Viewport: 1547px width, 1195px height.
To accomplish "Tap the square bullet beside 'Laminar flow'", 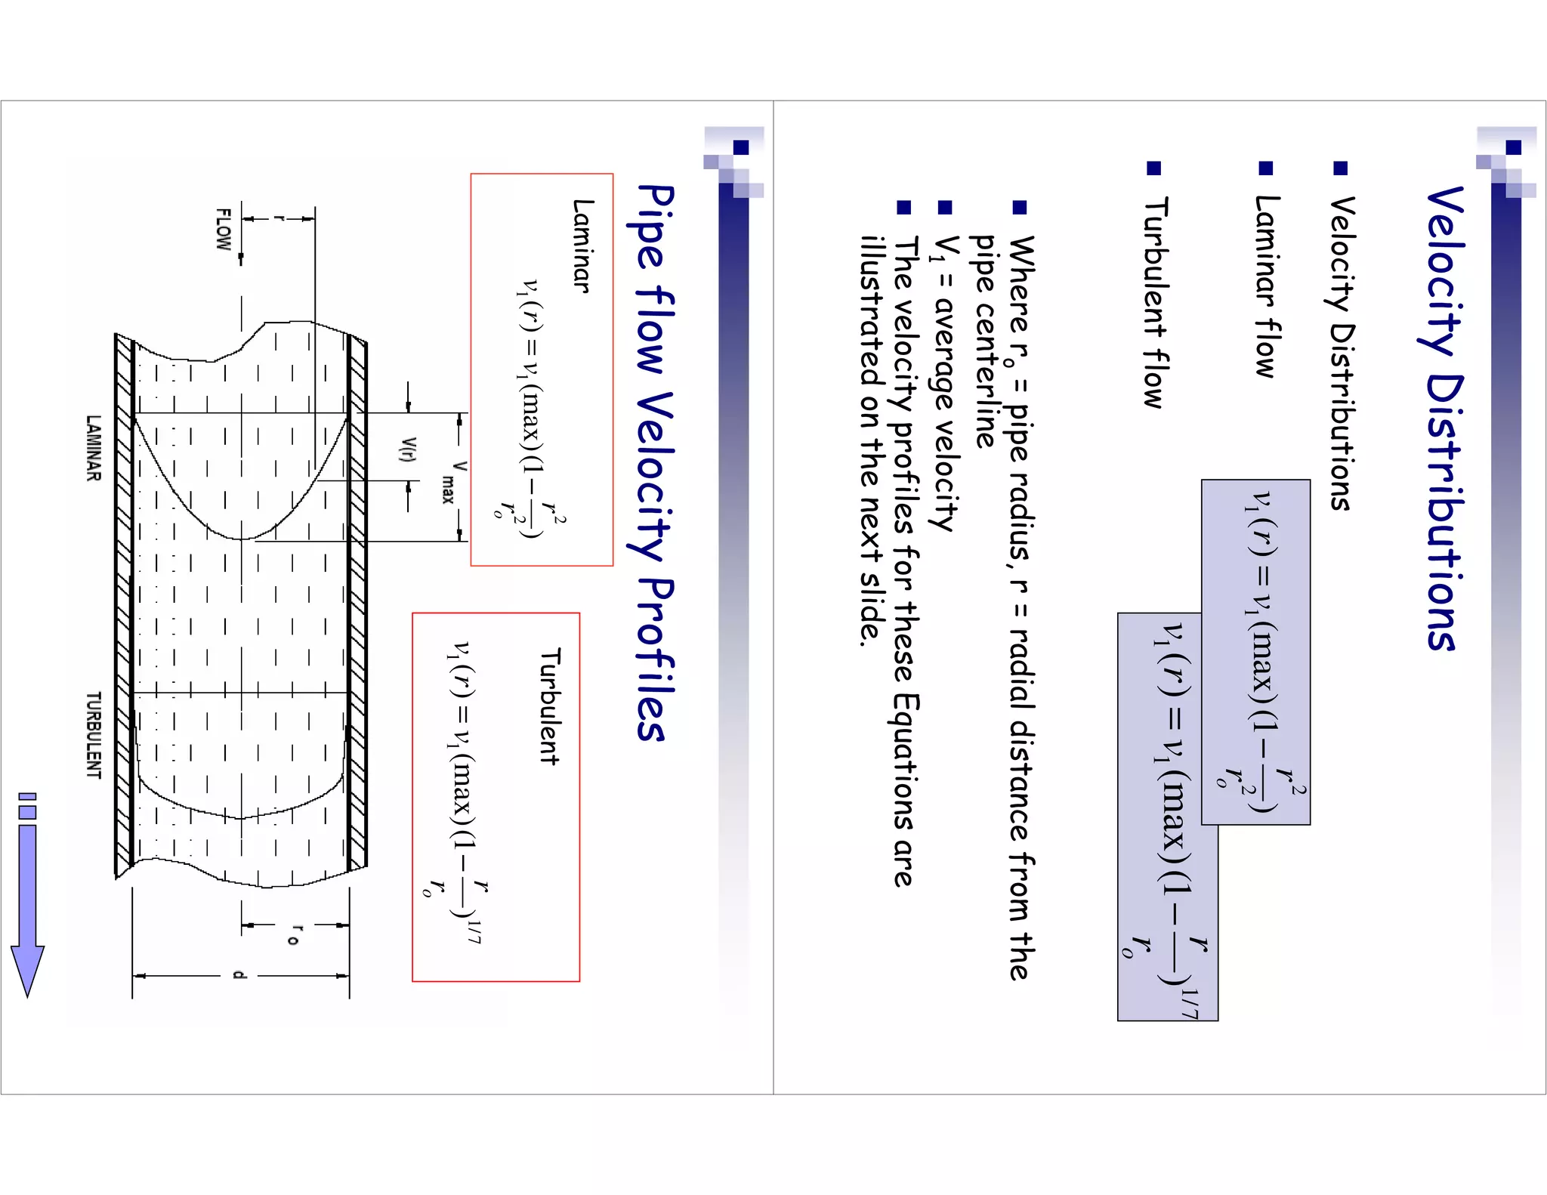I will point(1266,168).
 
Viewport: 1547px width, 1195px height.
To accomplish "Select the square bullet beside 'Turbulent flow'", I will point(1153,168).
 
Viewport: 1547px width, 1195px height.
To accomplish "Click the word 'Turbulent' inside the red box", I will point(549,706).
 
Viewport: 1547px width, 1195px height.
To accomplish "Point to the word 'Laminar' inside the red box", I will point(582,245).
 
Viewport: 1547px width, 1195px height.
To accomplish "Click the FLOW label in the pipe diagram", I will point(223,229).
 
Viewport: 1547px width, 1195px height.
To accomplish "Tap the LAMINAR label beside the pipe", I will point(93,447).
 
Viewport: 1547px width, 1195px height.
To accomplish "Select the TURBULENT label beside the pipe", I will point(93,735).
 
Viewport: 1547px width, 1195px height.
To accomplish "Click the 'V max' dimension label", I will point(453,481).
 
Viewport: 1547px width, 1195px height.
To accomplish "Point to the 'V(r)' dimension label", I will point(408,449).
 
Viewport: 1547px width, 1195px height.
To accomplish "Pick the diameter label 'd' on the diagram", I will point(239,975).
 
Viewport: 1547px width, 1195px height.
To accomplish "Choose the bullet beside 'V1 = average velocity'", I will point(944,207).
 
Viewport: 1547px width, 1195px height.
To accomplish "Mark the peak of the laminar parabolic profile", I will point(242,539).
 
